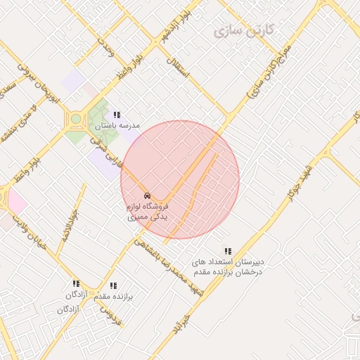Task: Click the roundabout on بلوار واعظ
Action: (76, 120)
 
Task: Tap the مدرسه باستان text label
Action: (117, 125)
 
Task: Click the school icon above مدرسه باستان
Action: (117, 114)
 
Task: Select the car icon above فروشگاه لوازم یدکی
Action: (147, 195)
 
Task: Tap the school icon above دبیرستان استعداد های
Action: (227, 250)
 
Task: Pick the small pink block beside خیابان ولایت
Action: (15, 202)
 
